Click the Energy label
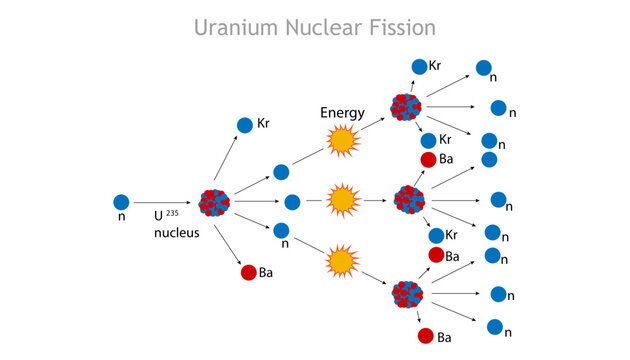click(342, 113)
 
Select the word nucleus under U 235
click(177, 233)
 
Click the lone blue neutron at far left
click(121, 202)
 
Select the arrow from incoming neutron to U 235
click(165, 202)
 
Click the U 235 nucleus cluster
click(215, 202)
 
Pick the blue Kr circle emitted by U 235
click(245, 125)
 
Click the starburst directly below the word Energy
click(343, 141)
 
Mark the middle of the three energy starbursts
click(343, 201)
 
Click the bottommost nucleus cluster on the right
click(406, 294)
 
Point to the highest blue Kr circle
click(418, 67)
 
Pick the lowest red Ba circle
click(426, 336)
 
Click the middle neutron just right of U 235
click(292, 202)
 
